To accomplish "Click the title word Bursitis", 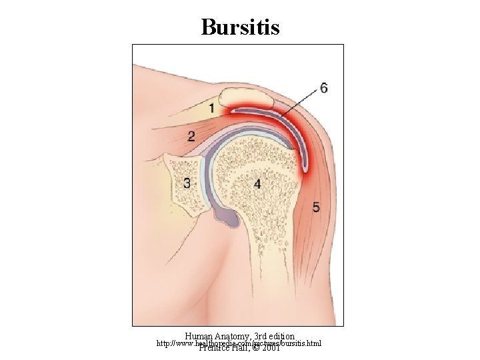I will pos(240,27).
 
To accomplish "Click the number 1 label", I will pos(212,107).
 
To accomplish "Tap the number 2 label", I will pos(191,137).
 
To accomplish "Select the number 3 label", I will pos(187,182).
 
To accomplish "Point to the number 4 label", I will pos(257,182).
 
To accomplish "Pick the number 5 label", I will pos(316,207).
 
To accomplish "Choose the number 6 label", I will pos(323,87).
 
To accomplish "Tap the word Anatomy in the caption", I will pos(230,337).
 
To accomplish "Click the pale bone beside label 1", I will pos(247,100).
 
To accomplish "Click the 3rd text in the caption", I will pos(256,337).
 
